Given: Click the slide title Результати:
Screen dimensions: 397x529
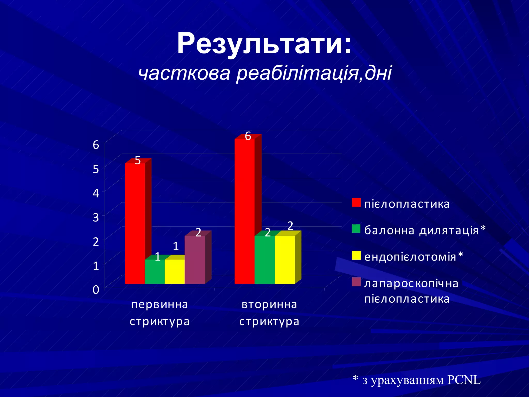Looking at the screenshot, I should click(x=264, y=43).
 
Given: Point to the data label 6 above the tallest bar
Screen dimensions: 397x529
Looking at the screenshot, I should click(x=248, y=136).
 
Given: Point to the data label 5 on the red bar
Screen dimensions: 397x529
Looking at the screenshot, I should click(x=138, y=161).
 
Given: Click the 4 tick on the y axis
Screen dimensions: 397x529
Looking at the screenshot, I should click(x=96, y=193).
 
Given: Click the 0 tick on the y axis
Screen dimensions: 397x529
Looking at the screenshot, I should click(x=96, y=290).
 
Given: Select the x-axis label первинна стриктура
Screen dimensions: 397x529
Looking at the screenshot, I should click(x=160, y=313).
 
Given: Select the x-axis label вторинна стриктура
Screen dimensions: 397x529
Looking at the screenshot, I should click(x=269, y=313).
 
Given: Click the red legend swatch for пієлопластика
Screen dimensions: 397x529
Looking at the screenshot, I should click(x=356, y=203).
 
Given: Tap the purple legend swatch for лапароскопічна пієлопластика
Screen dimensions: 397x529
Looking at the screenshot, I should click(x=356, y=282).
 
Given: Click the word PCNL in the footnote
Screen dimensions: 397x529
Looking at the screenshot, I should click(x=464, y=380).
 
